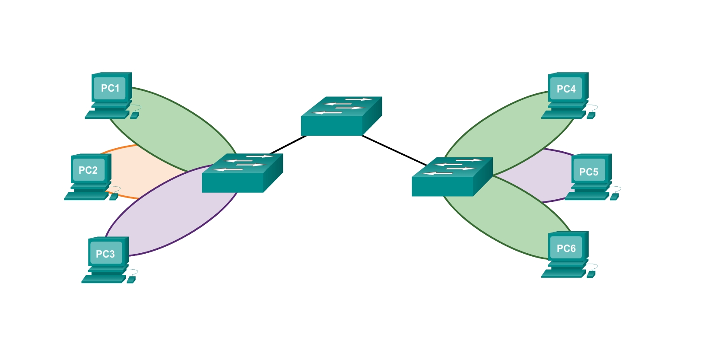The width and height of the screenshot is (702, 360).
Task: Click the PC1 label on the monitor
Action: (x=110, y=88)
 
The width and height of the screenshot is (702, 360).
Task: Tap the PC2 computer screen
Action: (x=88, y=170)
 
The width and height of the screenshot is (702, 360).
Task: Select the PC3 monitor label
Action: (x=105, y=254)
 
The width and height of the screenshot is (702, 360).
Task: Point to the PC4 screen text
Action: (x=566, y=89)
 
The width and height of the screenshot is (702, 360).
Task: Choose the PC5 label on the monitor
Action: (x=589, y=172)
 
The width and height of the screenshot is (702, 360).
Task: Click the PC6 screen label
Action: (x=566, y=248)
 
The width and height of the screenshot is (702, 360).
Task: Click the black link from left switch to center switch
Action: (x=288, y=144)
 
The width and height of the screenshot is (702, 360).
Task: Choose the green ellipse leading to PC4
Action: (x=510, y=130)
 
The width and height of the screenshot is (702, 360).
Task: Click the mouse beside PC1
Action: (x=134, y=115)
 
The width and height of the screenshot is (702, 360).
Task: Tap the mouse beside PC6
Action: (x=591, y=274)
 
